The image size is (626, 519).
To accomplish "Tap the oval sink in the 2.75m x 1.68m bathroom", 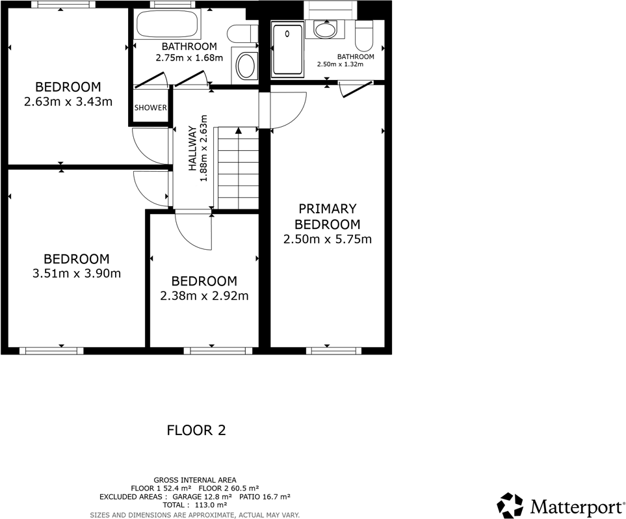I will click(x=246, y=66).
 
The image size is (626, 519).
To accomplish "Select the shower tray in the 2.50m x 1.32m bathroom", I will click(x=287, y=50).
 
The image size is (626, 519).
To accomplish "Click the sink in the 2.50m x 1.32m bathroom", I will click(x=324, y=29).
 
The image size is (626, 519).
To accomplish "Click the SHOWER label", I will click(x=151, y=108).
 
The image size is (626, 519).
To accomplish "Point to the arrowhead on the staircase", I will click(x=239, y=131).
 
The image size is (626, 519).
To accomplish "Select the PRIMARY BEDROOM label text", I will click(x=327, y=217).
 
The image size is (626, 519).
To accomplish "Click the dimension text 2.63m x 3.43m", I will click(x=68, y=101).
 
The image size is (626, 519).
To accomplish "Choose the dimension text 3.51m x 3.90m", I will click(x=76, y=273).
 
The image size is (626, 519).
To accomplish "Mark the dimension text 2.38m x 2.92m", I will click(x=204, y=296).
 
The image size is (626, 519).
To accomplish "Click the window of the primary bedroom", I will click(x=333, y=351).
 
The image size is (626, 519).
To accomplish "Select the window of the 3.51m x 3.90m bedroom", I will click(x=51, y=351).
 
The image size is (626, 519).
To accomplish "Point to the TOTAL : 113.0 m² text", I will click(x=195, y=505).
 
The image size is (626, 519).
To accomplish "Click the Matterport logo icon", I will click(x=510, y=505).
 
